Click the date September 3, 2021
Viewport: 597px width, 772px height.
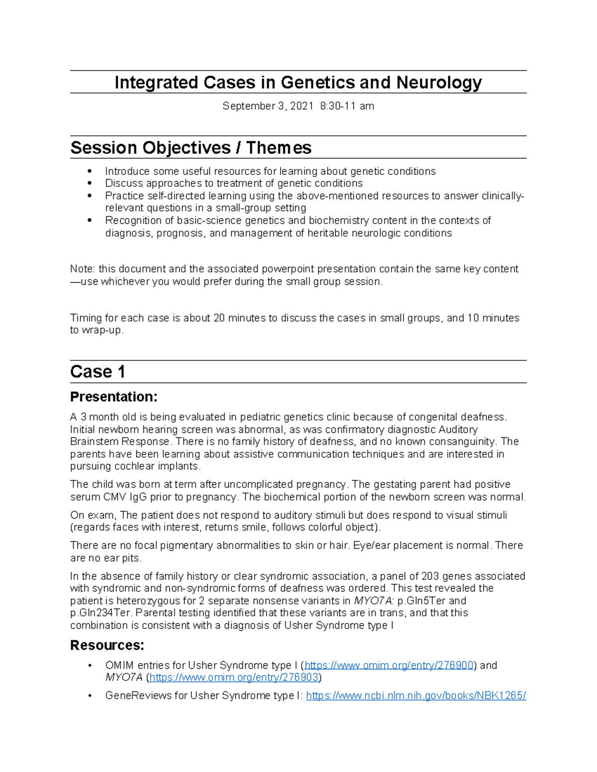268,106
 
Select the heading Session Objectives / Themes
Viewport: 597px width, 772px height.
191,148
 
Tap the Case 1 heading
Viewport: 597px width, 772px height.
98,372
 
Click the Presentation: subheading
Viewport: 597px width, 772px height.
113,397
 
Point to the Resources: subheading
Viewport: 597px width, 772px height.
107,645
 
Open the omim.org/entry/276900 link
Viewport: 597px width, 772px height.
389,665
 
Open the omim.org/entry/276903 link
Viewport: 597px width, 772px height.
234,677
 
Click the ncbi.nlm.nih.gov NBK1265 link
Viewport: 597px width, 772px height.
416,695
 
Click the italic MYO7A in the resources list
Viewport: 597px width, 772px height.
124,677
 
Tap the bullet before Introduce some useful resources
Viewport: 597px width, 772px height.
90,172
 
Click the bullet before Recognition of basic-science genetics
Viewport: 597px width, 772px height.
90,220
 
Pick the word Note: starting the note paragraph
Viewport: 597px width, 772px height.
83,269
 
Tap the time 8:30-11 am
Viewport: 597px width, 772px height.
347,106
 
